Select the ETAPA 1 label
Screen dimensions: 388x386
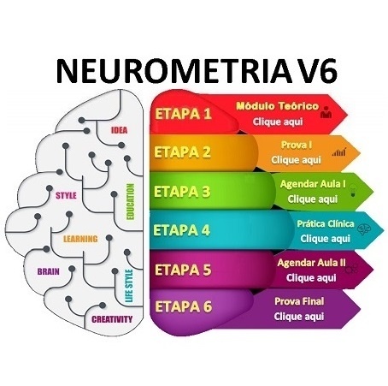pyautogui.click(x=183, y=114)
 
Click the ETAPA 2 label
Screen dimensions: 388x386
pyautogui.click(x=182, y=152)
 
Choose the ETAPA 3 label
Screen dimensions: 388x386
pyautogui.click(x=182, y=192)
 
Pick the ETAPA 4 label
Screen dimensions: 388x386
pyautogui.click(x=182, y=230)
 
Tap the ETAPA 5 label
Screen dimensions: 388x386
pyautogui.click(x=183, y=270)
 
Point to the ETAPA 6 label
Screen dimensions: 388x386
pyautogui.click(x=184, y=306)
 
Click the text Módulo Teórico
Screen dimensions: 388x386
pyautogui.click(x=278, y=106)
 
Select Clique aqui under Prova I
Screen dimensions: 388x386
pyautogui.click(x=296, y=160)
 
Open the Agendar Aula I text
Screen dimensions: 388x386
pyautogui.click(x=313, y=184)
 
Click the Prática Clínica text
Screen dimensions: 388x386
pyautogui.click(x=326, y=223)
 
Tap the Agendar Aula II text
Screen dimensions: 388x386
pyautogui.click(x=311, y=263)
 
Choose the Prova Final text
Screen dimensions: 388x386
pyautogui.click(x=299, y=301)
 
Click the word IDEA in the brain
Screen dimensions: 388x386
pyautogui.click(x=119, y=130)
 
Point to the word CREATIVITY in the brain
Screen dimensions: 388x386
pyautogui.click(x=112, y=319)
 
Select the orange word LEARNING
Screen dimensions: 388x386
pyautogui.click(x=80, y=239)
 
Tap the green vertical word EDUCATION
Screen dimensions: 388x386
pyautogui.click(x=130, y=201)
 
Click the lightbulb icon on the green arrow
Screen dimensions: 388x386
pyautogui.click(x=353, y=190)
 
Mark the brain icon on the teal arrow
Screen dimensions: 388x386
pyautogui.click(x=364, y=229)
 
